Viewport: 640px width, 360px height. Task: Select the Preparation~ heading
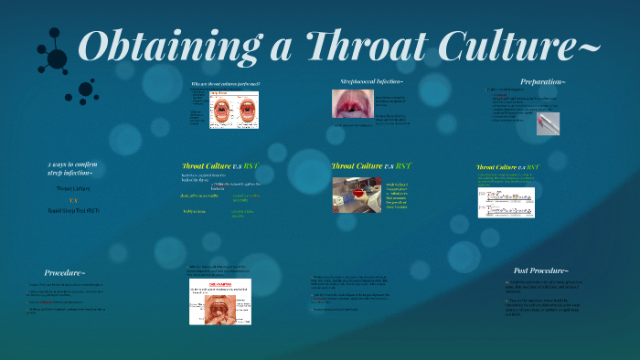coord(542,82)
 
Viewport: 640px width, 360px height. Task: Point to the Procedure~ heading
coord(65,272)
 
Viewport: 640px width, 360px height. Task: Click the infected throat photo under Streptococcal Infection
coord(350,103)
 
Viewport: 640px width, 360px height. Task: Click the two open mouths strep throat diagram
coord(235,111)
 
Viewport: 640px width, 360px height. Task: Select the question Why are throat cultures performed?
coord(225,84)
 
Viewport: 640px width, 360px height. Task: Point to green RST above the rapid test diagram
coord(532,167)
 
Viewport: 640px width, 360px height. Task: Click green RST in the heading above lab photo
coord(398,166)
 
